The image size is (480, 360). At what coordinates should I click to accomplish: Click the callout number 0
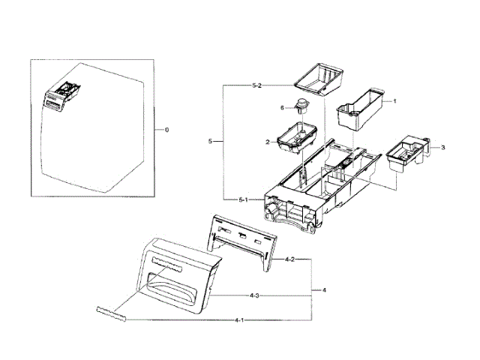(166, 130)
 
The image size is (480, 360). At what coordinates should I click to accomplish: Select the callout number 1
(395, 100)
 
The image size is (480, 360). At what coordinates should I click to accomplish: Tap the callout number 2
(267, 142)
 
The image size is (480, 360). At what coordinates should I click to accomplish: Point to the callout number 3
(442, 148)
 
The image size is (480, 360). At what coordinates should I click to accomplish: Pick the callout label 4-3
(255, 295)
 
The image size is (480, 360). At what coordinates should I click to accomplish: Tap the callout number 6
(282, 108)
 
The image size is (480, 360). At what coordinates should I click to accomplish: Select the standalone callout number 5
(210, 142)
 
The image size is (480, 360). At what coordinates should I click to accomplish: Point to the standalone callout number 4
(323, 289)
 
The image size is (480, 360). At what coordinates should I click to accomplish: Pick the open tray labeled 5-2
(318, 77)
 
